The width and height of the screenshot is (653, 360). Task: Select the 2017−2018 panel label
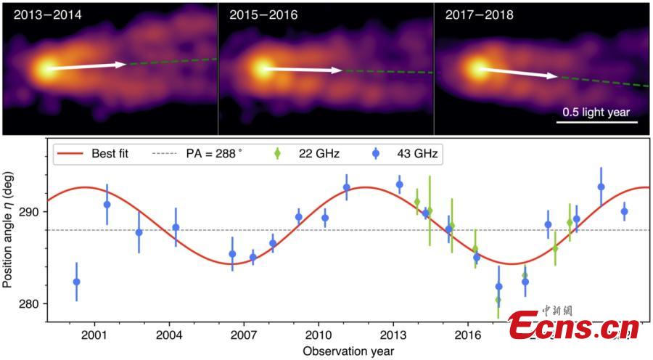(475, 14)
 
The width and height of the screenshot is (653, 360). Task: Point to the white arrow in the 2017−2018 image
(518, 73)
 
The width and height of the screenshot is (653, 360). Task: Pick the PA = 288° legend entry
(194, 153)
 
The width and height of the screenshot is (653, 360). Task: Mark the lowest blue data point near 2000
(77, 282)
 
